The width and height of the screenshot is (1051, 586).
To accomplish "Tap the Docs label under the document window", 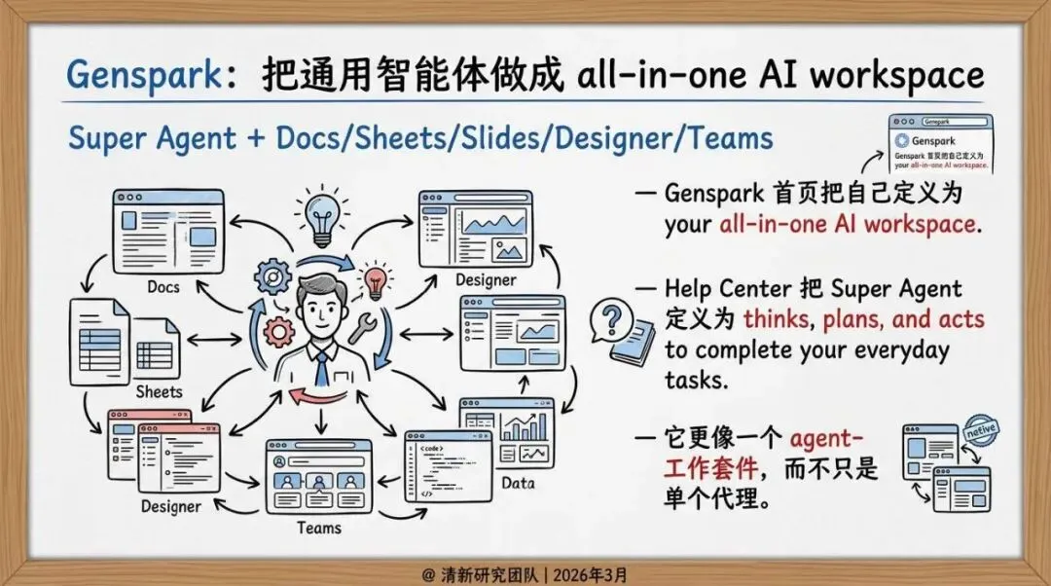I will point(163,286).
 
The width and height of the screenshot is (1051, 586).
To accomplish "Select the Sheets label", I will point(159,391).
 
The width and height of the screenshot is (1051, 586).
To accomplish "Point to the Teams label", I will point(319,527).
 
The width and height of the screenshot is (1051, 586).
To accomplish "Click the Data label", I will point(518,482).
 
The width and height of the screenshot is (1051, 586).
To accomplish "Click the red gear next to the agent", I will point(279,332).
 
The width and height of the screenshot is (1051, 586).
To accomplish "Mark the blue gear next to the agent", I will point(272,277).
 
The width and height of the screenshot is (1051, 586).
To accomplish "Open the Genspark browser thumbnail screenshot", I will point(939,143).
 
